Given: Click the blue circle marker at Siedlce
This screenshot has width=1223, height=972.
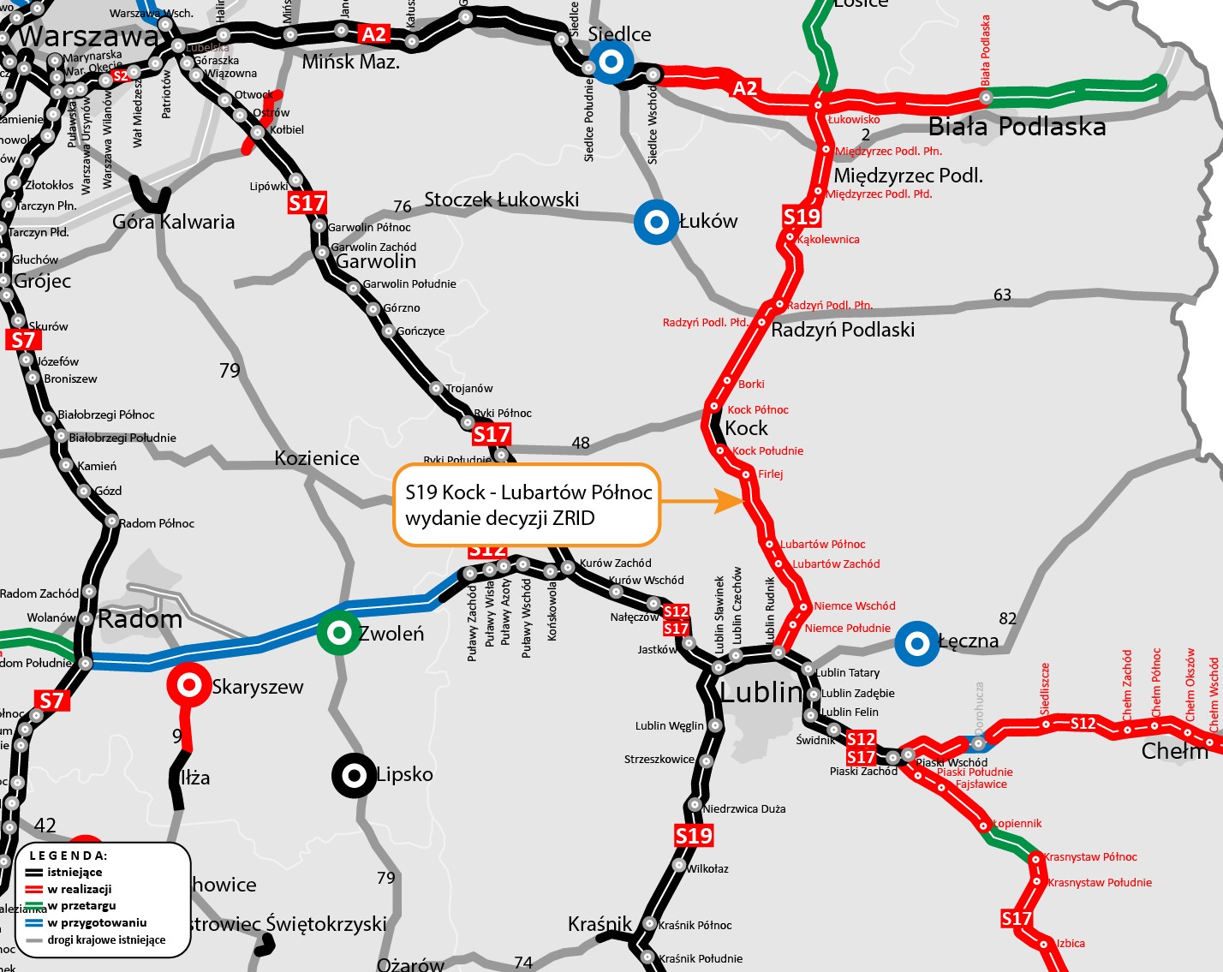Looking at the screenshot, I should tap(611, 63).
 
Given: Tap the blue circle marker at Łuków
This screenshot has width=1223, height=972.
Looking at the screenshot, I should tap(656, 223).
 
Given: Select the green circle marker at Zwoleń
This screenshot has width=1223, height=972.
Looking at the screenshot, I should tap(339, 633).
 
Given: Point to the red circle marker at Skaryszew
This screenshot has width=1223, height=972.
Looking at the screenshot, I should tap(188, 685).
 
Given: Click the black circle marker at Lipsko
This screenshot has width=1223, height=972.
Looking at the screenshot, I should tap(354, 775).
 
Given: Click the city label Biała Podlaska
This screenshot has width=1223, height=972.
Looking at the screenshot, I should tap(1017, 127).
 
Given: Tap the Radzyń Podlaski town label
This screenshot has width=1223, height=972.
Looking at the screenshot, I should tap(843, 330).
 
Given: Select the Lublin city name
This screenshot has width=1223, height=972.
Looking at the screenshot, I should tap(761, 691).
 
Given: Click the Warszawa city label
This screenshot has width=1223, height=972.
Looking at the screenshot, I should tap(88, 36).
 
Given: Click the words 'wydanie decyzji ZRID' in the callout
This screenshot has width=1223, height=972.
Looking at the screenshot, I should tap(499, 518).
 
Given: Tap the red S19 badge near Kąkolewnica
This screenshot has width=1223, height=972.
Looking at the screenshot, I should tap(802, 217).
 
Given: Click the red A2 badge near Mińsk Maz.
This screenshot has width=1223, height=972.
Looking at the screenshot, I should tap(374, 34).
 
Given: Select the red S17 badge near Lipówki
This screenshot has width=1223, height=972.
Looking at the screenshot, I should tap(307, 203).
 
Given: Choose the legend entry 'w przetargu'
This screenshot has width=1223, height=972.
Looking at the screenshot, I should tap(81, 905).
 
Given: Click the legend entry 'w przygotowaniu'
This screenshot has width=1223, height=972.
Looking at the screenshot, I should tap(97, 922).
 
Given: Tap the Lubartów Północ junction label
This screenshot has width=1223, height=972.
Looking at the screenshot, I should tap(822, 544).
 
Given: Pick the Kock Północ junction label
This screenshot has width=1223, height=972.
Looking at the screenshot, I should tap(758, 409).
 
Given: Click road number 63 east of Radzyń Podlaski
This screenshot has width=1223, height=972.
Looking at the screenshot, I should tap(1002, 295).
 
